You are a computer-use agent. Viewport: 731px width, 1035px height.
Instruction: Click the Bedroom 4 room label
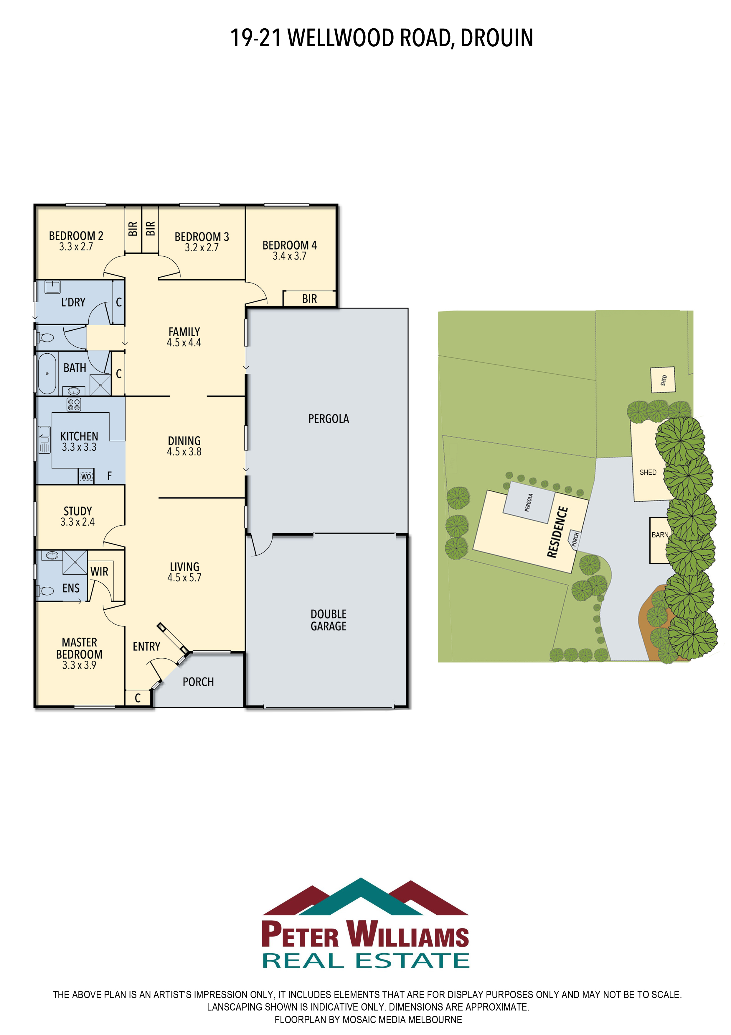click(x=290, y=245)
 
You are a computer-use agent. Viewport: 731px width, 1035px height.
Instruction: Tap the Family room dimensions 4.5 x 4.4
click(x=184, y=343)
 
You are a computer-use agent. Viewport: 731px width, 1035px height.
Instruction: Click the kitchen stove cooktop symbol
click(x=74, y=404)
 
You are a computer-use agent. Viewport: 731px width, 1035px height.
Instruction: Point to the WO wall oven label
click(x=86, y=476)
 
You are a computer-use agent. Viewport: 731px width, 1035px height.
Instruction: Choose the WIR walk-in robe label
click(x=99, y=572)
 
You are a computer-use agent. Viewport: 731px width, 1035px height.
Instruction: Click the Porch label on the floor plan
click(x=198, y=682)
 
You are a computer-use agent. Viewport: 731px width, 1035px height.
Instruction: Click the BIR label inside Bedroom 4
click(x=309, y=299)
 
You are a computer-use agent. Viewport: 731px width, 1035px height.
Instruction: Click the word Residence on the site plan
click(x=557, y=532)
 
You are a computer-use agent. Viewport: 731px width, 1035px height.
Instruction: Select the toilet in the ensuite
click(x=46, y=590)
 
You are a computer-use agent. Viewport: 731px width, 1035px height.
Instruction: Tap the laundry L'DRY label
click(x=73, y=302)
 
